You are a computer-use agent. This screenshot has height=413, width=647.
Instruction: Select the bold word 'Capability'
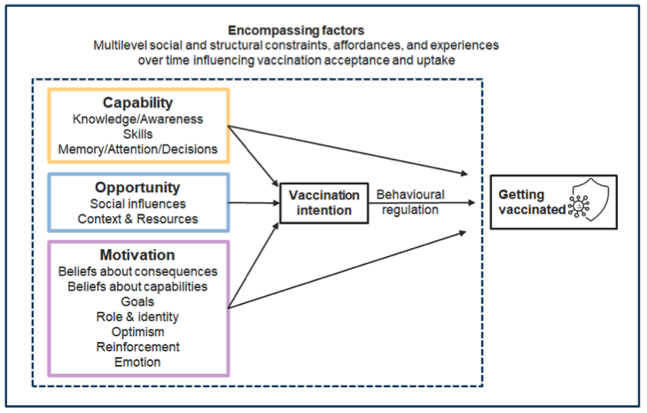[138, 102]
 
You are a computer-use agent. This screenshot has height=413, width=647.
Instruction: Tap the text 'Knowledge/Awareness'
[138, 119]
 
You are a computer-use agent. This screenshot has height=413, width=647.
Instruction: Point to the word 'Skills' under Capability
[138, 134]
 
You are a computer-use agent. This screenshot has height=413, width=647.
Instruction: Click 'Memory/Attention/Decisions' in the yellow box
[138, 149]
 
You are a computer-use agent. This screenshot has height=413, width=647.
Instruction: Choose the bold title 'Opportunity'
[137, 187]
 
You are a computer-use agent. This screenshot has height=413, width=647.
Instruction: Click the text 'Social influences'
[137, 204]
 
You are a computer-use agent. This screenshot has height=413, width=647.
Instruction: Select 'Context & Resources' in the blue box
[137, 219]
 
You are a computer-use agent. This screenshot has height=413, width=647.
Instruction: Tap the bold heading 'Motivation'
[137, 255]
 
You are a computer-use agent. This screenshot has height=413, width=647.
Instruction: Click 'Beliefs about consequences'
[137, 271]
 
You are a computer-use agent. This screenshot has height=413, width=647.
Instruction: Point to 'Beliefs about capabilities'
[137, 286]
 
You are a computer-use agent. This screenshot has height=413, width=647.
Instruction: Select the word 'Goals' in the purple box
[137, 301]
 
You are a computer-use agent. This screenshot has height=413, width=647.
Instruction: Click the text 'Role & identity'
[137, 316]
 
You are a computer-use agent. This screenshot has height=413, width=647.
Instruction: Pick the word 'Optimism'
[137, 331]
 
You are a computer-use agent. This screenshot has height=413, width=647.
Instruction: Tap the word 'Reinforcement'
[137, 347]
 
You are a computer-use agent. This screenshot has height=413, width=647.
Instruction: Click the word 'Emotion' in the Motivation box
[137, 362]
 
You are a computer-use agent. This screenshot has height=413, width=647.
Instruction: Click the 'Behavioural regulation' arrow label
[410, 202]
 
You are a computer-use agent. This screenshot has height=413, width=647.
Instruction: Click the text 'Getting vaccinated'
[528, 202]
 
